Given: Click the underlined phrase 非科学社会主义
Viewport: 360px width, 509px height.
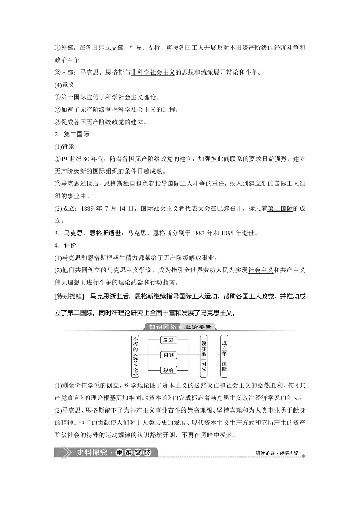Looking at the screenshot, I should (153, 72).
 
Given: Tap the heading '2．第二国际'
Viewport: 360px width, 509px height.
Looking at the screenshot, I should (72, 134).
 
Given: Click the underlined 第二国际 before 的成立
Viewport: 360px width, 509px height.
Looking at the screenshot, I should (280, 208).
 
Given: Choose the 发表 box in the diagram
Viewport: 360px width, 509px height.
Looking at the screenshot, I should (168, 340).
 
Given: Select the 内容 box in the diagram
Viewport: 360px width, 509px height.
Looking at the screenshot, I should (168, 355).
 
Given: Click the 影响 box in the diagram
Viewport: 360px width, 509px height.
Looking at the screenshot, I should (168, 370).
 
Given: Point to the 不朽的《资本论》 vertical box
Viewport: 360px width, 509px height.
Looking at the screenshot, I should (135, 355).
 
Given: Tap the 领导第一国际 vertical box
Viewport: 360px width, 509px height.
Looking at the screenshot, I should (204, 355).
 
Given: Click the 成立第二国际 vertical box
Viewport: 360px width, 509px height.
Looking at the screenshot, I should (225, 355).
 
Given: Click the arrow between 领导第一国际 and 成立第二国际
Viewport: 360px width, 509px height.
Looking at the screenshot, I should (214, 355).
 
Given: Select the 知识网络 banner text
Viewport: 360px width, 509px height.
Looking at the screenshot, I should (163, 327).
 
